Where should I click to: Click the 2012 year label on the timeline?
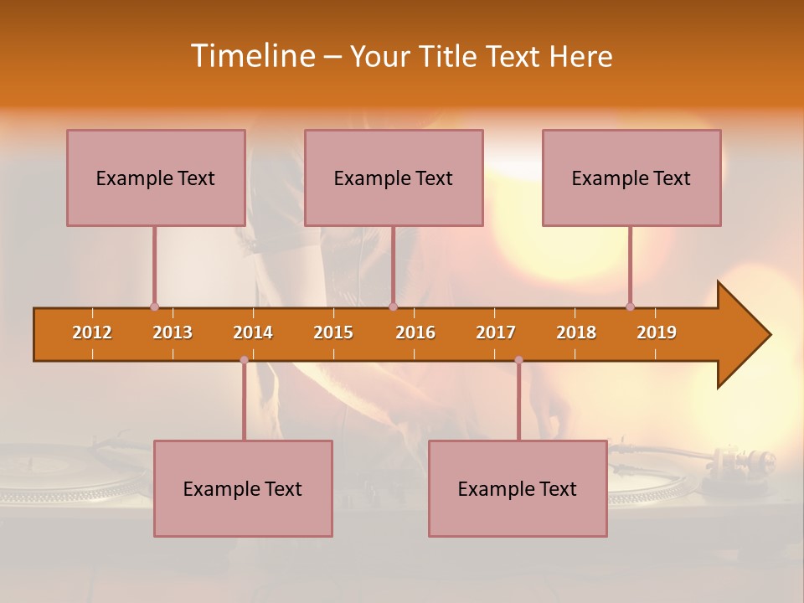coord(92,332)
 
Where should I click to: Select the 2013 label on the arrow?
coord(173,332)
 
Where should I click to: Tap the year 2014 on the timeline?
coord(253,332)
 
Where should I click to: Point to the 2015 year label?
coord(333,332)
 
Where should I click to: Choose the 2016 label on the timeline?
coord(415,332)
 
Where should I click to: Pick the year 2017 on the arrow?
coord(496,332)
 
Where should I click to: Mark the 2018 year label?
coord(576,332)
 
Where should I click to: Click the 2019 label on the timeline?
coord(657,332)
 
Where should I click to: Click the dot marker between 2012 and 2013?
coord(154,307)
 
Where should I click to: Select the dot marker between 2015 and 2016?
coord(393,307)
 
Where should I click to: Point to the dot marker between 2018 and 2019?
coord(630,307)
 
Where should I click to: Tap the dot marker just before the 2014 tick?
coord(244,360)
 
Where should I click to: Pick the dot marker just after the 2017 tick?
coord(518,360)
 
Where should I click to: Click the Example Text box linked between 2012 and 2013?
coord(156,178)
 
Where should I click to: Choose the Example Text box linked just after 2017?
coord(518,488)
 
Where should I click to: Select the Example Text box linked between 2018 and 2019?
coord(631,178)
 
